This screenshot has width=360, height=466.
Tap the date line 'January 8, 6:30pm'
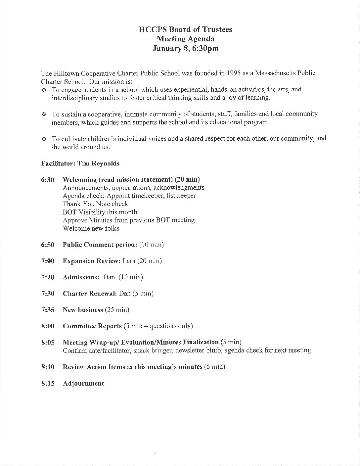click(185, 49)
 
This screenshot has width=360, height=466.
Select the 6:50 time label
click(48, 245)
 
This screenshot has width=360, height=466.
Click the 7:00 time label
click(48, 261)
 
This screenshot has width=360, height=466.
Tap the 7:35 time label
click(48, 310)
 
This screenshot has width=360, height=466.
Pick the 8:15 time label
click(48, 384)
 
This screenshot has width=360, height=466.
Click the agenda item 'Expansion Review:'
click(92, 261)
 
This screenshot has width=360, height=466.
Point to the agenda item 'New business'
click(83, 310)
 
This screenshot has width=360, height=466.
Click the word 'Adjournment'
click(83, 384)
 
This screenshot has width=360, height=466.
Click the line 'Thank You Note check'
click(95, 204)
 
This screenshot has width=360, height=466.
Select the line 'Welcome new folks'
click(91, 228)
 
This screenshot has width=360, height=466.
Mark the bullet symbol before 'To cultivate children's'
click(44, 139)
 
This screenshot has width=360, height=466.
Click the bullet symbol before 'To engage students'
click(44, 90)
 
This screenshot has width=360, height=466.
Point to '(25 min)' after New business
click(117, 310)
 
